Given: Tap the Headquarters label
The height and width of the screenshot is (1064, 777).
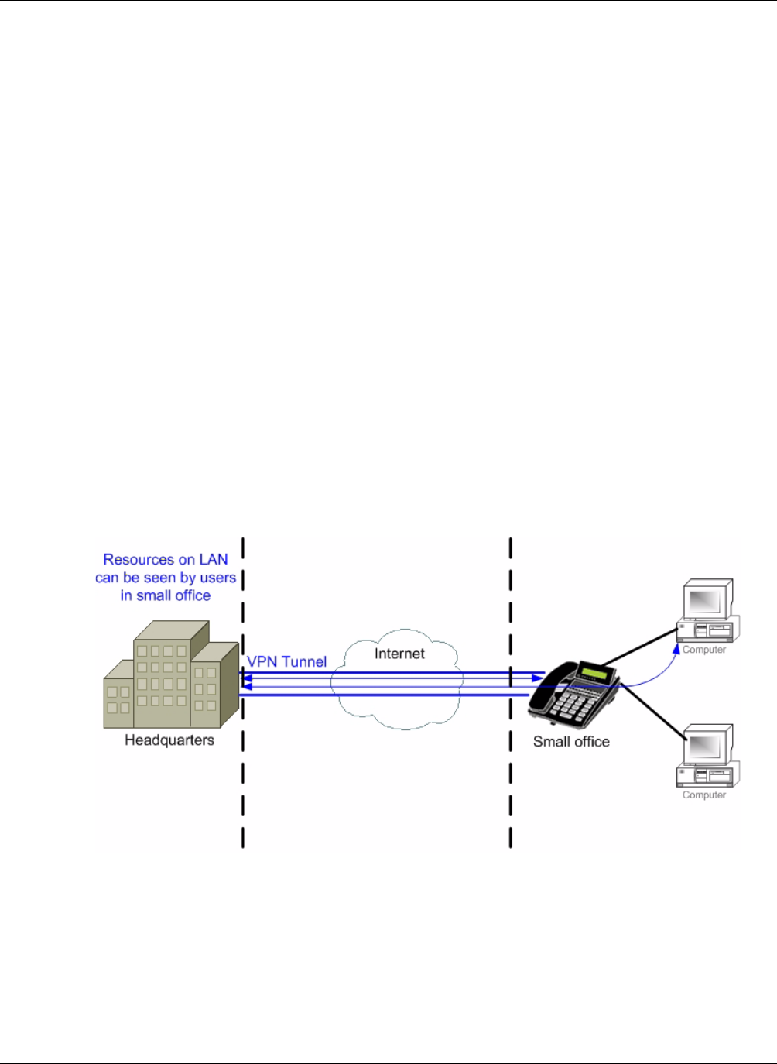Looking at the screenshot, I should [x=169, y=740].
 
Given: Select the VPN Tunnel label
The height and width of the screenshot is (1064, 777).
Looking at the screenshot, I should [x=286, y=661].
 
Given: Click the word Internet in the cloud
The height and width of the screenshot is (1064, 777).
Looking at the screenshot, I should [x=399, y=654].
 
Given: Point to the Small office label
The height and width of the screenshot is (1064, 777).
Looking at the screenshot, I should [x=571, y=742].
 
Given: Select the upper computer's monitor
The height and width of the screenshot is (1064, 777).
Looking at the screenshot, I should [x=706, y=601].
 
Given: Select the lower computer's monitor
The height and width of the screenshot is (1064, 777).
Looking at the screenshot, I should [x=706, y=747].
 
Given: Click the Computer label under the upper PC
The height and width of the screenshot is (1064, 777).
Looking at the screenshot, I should [x=704, y=650].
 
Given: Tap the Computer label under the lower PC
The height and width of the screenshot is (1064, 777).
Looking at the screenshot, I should [x=704, y=795].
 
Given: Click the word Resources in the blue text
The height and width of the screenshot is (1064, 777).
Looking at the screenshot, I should [x=139, y=559].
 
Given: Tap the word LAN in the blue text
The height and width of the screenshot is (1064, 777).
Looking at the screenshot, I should [x=213, y=559].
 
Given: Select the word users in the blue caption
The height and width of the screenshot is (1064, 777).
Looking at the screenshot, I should [x=217, y=578].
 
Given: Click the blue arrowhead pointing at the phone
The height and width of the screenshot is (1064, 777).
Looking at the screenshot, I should [x=538, y=678].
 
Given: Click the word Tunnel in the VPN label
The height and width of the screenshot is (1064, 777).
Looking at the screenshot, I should [x=303, y=661].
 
